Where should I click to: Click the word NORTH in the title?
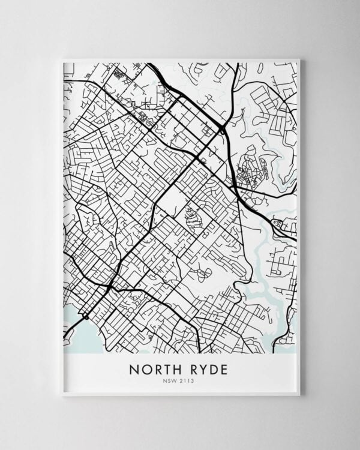[156, 368]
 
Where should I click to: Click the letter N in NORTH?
[133, 368]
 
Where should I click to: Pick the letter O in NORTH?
[145, 368]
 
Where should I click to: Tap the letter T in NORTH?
[167, 368]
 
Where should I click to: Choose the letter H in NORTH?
[179, 368]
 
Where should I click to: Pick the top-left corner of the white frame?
[62, 59]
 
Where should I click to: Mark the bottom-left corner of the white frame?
[61, 397]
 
